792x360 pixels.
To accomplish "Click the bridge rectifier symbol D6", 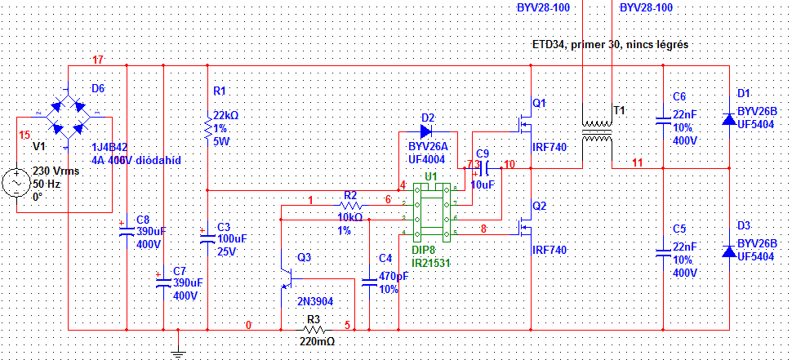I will coord(67,115).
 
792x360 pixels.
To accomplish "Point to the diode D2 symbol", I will coord(425,130).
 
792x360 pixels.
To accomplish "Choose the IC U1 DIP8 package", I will coord(430,211).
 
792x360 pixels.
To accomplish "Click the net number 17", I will coord(98,60).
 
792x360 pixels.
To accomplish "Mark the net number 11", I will coord(638,163).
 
